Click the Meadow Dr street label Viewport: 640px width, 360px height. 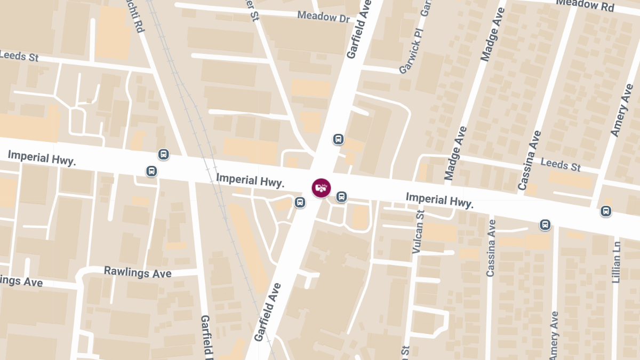pos(323,17)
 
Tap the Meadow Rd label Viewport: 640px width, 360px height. pos(585,5)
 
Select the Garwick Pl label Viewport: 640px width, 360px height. pos(411,55)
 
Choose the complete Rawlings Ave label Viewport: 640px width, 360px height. pos(138,273)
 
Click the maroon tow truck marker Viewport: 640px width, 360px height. pos(321,188)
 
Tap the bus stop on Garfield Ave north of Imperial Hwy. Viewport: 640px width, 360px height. pos(338,139)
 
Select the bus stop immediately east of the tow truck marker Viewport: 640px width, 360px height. pos(341,197)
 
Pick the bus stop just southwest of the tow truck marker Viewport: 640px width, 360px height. pos(300,202)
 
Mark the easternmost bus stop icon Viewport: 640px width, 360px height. pos(606,211)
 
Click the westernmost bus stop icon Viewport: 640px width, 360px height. pos(152,171)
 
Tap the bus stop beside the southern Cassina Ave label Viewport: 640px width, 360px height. pos(545,225)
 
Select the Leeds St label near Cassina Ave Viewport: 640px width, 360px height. pos(561,164)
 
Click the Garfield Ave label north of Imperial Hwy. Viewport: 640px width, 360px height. pos(359,32)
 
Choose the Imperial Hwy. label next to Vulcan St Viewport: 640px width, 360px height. pos(439,200)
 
